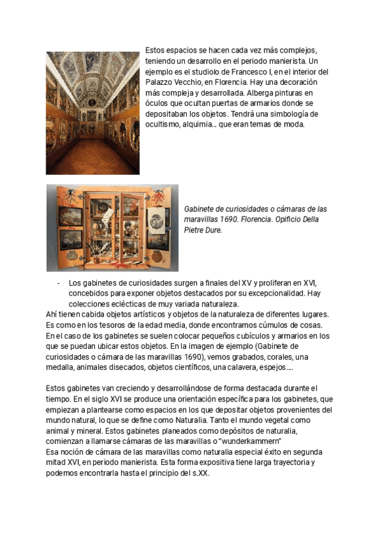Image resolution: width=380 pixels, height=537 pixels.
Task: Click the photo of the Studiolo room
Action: click(92, 113)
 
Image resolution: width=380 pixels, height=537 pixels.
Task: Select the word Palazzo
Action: click(160, 83)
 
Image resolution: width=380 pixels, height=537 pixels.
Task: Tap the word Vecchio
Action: click(193, 83)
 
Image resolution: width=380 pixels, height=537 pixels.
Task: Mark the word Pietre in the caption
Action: click(195, 231)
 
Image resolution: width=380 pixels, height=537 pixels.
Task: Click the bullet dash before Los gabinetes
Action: click(58, 283)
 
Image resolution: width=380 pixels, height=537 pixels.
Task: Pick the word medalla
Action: click(62, 367)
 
